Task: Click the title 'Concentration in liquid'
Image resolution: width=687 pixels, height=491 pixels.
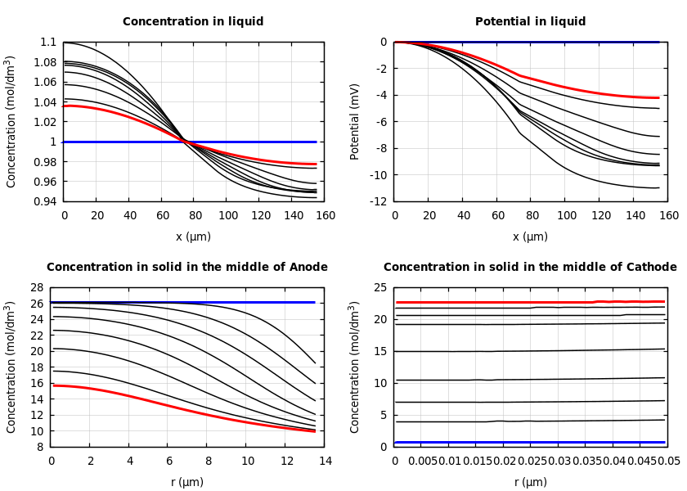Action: [x=193, y=22]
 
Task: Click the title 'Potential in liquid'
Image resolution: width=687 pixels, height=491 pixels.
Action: [x=530, y=22]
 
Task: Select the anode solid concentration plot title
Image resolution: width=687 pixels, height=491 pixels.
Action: [x=186, y=268]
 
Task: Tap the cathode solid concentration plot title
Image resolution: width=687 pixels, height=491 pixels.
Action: [x=530, y=268]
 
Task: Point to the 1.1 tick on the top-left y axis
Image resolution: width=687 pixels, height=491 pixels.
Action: [x=48, y=43]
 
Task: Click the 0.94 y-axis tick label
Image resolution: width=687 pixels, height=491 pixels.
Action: [x=46, y=201]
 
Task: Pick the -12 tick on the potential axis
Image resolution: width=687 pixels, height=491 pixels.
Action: [x=379, y=201]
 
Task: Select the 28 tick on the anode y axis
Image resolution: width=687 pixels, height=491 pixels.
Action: [x=36, y=288]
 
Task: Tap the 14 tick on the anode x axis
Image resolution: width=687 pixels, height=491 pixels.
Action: [x=325, y=462]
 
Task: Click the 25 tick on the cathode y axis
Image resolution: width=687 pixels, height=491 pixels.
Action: [x=379, y=288]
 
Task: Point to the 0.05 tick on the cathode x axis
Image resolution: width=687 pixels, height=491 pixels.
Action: [x=667, y=462]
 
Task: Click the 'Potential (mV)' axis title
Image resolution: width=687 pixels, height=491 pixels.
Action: [x=355, y=121]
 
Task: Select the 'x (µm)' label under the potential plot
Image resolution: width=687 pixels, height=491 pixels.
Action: [x=530, y=237]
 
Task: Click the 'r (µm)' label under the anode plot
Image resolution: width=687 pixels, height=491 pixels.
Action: [x=186, y=483]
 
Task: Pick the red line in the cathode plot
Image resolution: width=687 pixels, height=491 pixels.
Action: [x=491, y=303]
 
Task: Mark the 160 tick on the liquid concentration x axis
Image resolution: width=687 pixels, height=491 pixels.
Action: [x=325, y=216]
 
